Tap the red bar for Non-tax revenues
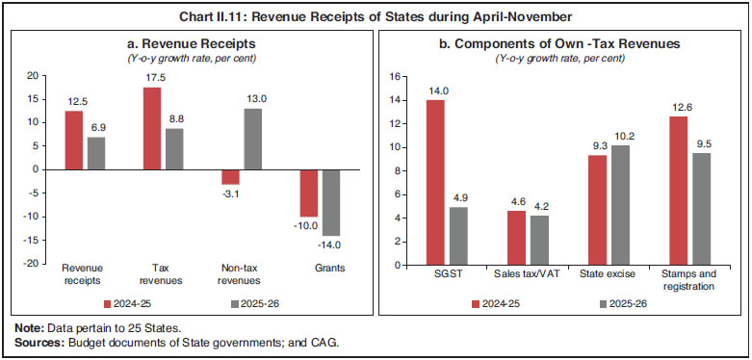click(x=229, y=176)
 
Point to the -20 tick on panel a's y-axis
click(x=34, y=264)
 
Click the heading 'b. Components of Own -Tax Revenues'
click(x=566, y=43)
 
